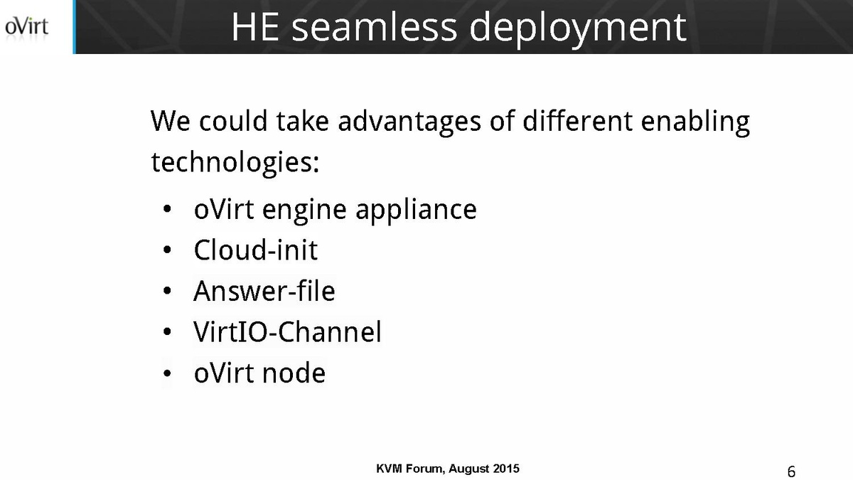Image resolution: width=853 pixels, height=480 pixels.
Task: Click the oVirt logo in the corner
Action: (27, 27)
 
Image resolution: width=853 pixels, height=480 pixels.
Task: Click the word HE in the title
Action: (255, 27)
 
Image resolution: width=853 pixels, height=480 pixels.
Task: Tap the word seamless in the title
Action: (374, 27)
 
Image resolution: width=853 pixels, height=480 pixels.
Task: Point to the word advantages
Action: (409, 122)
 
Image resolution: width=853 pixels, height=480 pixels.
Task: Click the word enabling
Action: (695, 122)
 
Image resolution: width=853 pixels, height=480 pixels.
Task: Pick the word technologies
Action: (232, 163)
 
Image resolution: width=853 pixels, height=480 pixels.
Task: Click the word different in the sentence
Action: (577, 120)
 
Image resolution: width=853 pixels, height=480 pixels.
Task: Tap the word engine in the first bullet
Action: (304, 210)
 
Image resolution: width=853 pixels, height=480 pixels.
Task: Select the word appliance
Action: (416, 210)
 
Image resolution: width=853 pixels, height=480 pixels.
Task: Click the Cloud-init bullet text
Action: (255, 250)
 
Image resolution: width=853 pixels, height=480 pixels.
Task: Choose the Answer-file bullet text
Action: (264, 291)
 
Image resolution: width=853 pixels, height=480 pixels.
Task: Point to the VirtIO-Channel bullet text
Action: (287, 331)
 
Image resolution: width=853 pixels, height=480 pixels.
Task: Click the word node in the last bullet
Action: (294, 372)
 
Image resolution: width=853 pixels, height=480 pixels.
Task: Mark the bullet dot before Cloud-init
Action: (167, 250)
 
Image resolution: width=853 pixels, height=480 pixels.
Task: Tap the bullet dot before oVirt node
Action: (167, 373)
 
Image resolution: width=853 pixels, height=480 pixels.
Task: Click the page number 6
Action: (791, 471)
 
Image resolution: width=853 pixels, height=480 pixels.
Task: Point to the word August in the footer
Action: (468, 469)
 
